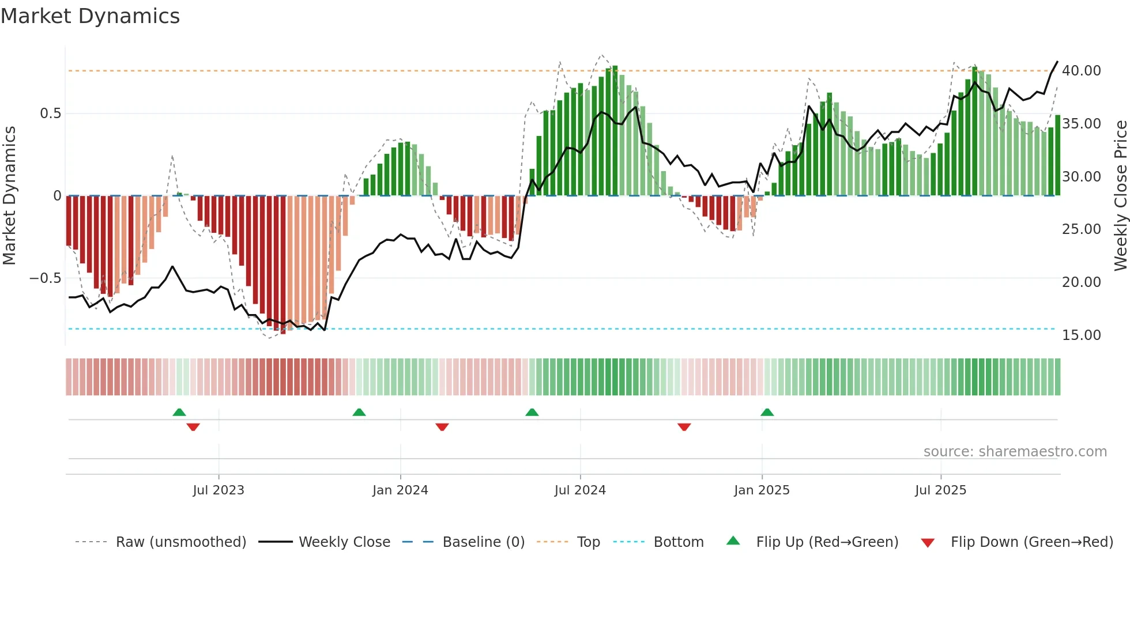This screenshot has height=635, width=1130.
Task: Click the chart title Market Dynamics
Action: point(90,16)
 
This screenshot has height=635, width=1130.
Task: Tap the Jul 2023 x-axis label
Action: point(219,490)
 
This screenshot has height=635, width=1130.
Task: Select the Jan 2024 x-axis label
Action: point(400,490)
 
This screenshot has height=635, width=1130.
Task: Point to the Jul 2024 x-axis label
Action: point(580,490)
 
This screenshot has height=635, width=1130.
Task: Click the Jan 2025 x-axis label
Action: point(762,490)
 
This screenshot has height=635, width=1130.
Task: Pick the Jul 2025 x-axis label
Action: point(940,490)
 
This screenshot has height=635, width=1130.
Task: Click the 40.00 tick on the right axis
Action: point(1081,71)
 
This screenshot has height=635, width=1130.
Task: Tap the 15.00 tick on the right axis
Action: point(1081,335)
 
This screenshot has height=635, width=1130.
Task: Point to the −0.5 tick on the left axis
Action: point(46,278)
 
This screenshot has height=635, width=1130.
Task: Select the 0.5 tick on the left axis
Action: point(51,114)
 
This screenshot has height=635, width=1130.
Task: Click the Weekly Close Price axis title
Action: point(1120,195)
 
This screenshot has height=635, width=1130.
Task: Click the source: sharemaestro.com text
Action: point(1015,452)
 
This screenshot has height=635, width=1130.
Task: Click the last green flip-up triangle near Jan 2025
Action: point(767,413)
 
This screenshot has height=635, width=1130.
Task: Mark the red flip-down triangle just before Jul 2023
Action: point(193,427)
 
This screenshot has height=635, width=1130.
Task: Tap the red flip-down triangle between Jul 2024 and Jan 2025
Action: point(684,427)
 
